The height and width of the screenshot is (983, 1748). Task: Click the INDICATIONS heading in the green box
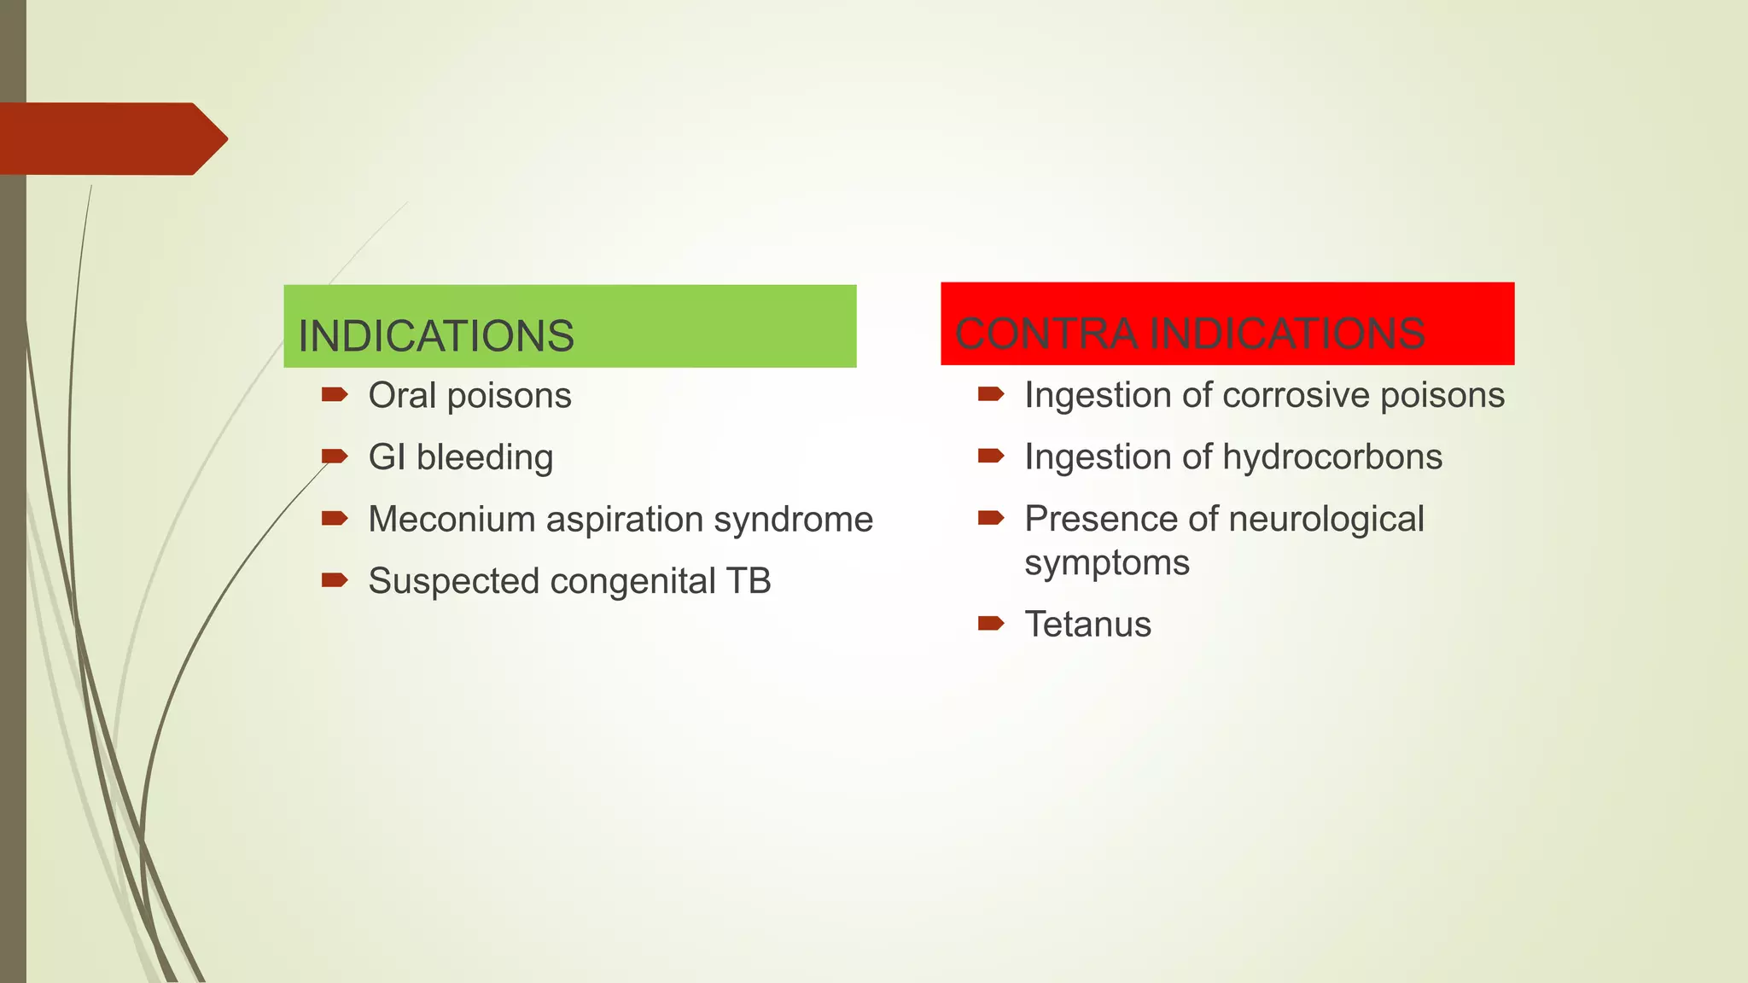pos(435,335)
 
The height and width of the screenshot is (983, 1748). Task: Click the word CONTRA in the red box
pos(1046,333)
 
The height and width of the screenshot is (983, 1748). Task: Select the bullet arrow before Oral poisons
pos(334,394)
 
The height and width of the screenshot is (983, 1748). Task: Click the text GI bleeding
pos(461,457)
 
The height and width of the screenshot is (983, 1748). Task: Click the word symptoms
pos(1106,563)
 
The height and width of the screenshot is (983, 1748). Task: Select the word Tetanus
pos(1087,625)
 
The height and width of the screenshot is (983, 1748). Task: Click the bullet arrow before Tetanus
pos(990,623)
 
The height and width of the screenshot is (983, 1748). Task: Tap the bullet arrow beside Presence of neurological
pos(990,517)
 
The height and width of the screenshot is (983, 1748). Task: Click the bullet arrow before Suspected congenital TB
pos(334,580)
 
